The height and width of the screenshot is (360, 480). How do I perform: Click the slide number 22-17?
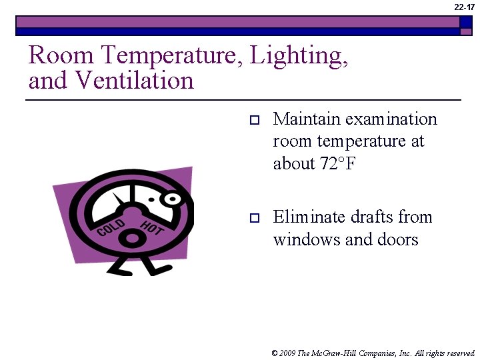(465, 7)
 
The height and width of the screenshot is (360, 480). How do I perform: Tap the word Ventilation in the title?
(134, 81)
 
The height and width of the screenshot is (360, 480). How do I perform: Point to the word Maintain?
(304, 119)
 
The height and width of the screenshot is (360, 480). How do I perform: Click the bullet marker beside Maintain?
(253, 121)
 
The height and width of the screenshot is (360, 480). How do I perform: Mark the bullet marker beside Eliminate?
(253, 218)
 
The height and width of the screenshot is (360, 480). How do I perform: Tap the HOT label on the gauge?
(152, 226)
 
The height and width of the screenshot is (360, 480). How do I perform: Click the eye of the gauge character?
(172, 199)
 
